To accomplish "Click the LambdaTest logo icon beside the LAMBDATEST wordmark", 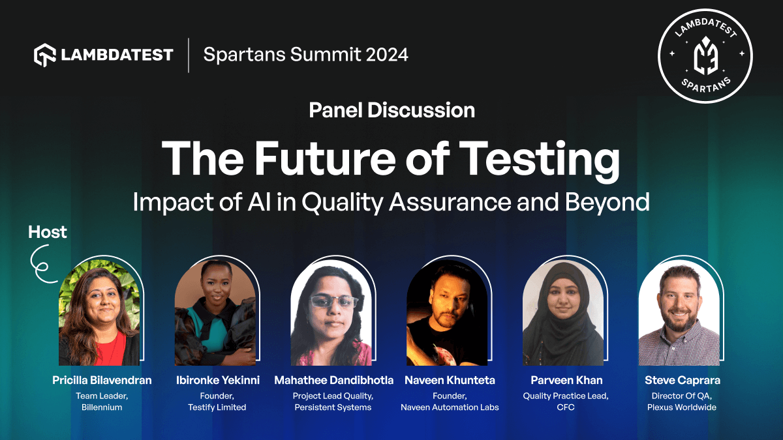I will (x=45, y=55).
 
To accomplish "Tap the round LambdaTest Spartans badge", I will (x=705, y=55).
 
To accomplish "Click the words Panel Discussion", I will (x=391, y=110).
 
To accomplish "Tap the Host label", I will (x=48, y=232).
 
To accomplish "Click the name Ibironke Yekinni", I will (x=217, y=380).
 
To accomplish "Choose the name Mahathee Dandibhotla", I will (x=333, y=380).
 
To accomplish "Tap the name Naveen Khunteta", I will (x=450, y=380).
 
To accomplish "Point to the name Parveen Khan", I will (x=566, y=380).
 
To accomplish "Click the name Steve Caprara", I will (x=682, y=380).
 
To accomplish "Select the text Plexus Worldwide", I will (x=682, y=407).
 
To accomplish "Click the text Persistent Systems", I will (x=333, y=407).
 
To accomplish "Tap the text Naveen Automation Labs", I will (x=450, y=407).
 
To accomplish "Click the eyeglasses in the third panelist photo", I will (x=333, y=302).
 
